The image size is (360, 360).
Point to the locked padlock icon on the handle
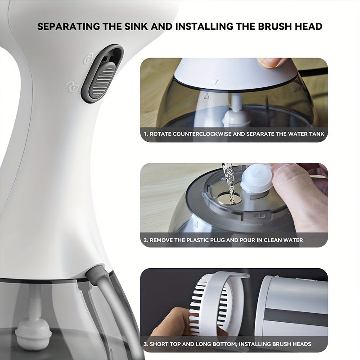[x=89, y=57]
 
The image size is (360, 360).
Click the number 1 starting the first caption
[x=145, y=134]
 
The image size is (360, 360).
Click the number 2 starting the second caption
[x=145, y=240]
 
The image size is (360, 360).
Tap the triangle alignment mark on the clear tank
[x=207, y=96]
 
